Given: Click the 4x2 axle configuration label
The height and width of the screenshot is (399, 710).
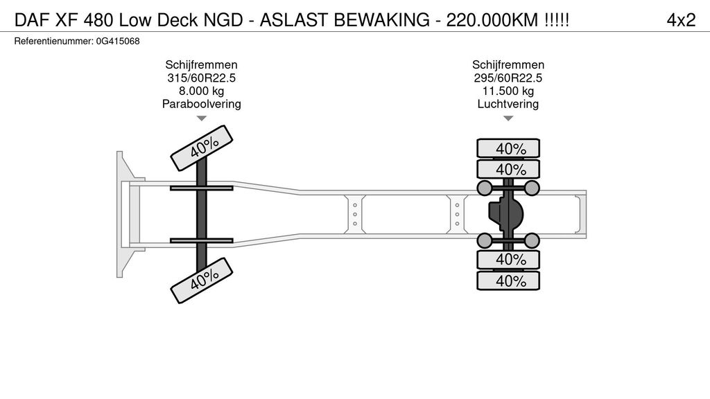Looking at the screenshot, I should tap(680, 20).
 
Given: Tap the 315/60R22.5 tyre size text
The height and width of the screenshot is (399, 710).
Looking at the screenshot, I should tap(202, 78).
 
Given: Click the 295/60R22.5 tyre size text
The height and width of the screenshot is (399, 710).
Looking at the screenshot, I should tap(508, 78).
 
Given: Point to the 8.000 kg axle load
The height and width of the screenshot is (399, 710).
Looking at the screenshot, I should tap(202, 91).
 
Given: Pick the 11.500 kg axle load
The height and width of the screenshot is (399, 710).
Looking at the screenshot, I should tap(508, 91).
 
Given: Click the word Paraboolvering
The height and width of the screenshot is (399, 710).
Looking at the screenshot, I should tap(202, 105).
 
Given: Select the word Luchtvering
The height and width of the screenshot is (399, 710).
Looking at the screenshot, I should tap(508, 105).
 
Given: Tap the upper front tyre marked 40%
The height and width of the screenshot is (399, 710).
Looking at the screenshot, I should tap(202, 148).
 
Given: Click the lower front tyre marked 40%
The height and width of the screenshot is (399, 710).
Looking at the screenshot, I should tap(202, 280).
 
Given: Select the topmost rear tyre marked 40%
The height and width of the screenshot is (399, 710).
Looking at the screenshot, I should tap(508, 148).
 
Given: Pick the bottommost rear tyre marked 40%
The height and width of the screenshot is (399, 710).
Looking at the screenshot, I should tap(508, 281).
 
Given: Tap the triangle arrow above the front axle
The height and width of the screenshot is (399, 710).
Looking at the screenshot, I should tap(202, 119).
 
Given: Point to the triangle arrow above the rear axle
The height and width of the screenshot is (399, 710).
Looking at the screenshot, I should tap(508, 119).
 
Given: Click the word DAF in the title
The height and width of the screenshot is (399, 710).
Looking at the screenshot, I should tap(31, 20).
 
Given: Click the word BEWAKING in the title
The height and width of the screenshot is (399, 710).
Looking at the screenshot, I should tap(384, 20).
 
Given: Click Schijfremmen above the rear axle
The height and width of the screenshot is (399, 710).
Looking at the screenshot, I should tap(508, 65).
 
